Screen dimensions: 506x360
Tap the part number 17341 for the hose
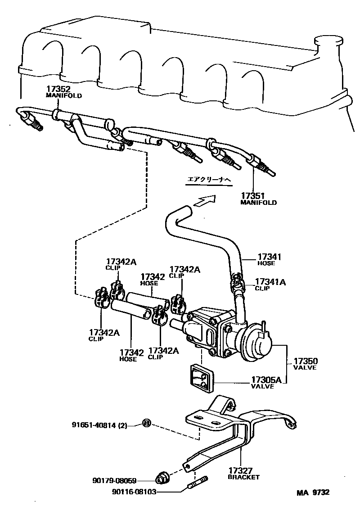click(x=269, y=257)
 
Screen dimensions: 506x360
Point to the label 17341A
click(x=270, y=282)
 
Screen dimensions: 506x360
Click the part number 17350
click(x=306, y=361)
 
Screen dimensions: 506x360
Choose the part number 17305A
click(x=266, y=380)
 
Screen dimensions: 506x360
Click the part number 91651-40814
click(x=95, y=425)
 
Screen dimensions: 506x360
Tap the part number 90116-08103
click(x=134, y=492)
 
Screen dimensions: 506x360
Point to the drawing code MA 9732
click(x=312, y=492)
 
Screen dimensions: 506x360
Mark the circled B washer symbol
click(x=146, y=423)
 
